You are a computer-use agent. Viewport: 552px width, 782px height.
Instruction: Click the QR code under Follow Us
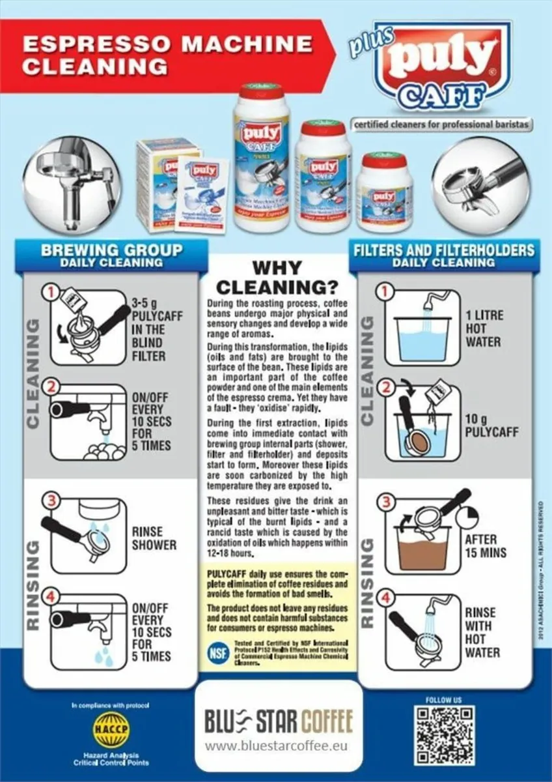pos(444,735)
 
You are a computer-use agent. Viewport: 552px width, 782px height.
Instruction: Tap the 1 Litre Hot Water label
pos(484,328)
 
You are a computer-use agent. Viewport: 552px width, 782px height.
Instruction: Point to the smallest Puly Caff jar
pos(384,192)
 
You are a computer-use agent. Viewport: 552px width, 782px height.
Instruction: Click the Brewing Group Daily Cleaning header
pos(112,255)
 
